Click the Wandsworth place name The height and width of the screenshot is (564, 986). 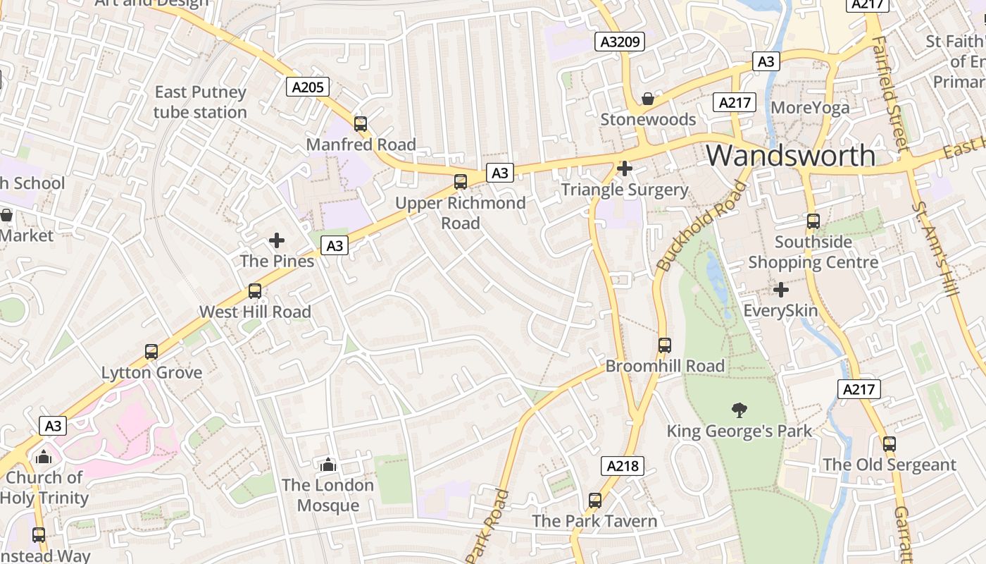791,155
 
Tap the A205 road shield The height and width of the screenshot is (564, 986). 308,87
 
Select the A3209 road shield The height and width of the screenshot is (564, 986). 620,42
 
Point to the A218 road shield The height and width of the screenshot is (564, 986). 623,465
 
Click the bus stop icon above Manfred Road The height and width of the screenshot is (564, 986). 361,124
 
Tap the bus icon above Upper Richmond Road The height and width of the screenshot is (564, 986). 461,182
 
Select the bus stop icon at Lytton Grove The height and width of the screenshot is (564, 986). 151,352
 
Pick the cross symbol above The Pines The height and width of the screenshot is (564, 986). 277,240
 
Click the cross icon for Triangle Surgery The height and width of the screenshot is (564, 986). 625,168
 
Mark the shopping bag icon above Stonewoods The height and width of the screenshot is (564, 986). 648,99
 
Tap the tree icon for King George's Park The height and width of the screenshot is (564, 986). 739,410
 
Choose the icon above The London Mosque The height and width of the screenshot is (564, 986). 327,465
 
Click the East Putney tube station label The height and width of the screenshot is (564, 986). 200,102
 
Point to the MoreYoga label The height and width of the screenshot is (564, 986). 810,107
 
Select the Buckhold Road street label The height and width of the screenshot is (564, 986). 701,226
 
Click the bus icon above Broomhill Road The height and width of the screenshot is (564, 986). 665,345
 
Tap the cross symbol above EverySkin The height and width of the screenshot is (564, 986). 780,290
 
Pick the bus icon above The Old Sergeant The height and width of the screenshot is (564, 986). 890,444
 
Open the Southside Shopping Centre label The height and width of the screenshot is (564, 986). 813,252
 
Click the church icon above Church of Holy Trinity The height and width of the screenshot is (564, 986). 44,457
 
